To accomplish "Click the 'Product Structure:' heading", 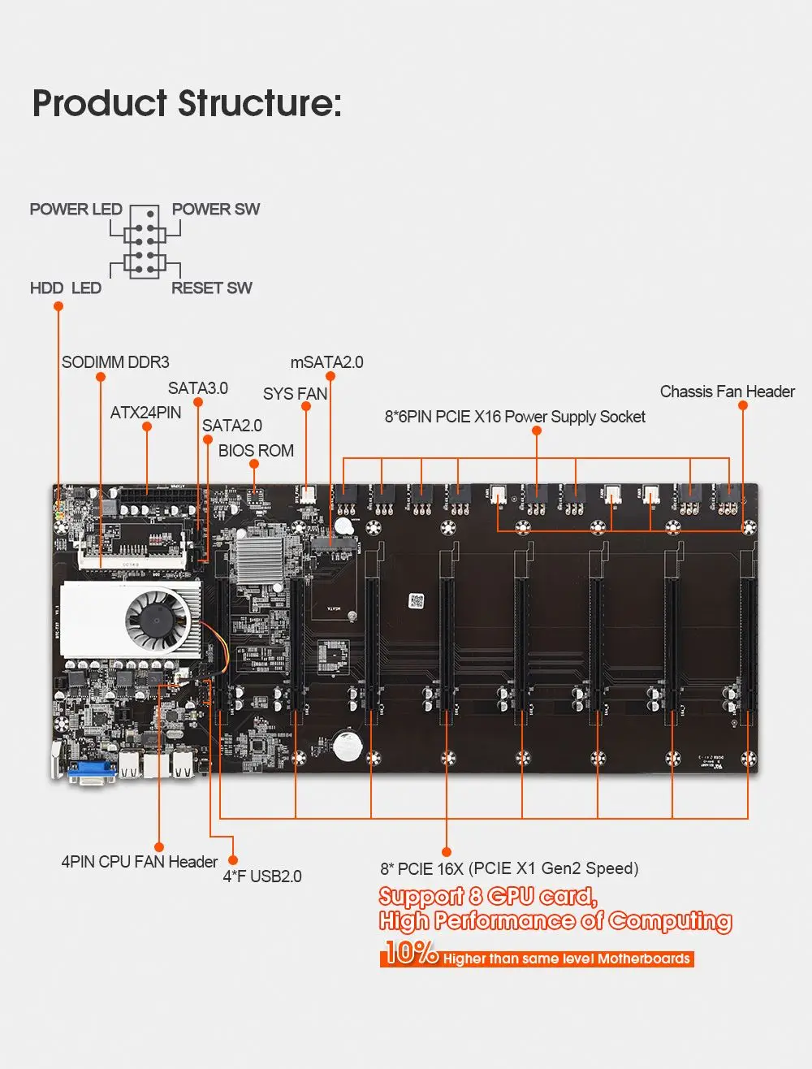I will click(x=187, y=104).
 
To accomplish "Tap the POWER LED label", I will click(x=76, y=210).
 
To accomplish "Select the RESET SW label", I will click(x=211, y=288).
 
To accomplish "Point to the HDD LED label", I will click(x=65, y=288).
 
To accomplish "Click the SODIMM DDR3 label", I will click(x=115, y=362).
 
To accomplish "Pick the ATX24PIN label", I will click(x=145, y=413).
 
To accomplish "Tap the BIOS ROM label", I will click(x=256, y=451).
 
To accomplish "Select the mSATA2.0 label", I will click(x=326, y=362).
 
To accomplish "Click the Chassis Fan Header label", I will click(x=727, y=392).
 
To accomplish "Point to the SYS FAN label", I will click(x=295, y=394).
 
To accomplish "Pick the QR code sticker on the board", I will click(x=417, y=601).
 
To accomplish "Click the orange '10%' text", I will click(x=411, y=952).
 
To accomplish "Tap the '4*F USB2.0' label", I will click(x=262, y=876).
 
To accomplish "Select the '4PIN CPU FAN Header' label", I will click(x=140, y=862).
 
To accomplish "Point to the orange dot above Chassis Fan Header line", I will click(x=742, y=405).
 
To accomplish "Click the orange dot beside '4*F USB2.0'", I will click(x=232, y=859).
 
